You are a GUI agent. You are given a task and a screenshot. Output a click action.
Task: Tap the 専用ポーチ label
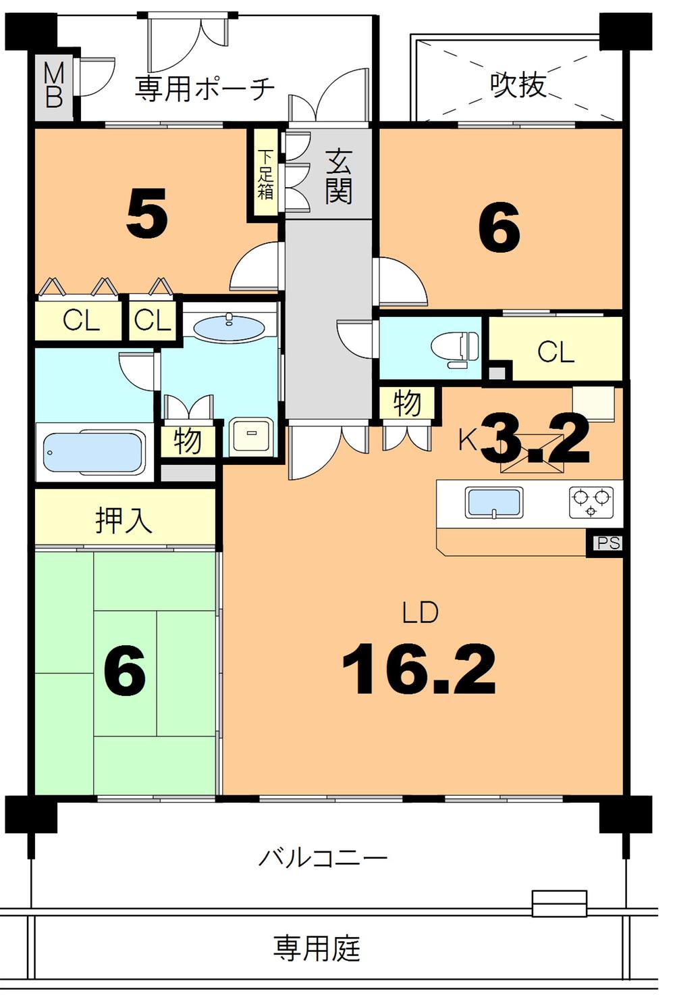coord(205,89)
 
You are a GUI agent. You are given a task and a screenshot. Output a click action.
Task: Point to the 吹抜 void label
coord(518,85)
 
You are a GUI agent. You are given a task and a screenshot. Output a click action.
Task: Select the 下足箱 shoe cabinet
coord(265,174)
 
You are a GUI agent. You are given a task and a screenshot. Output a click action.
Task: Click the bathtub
coord(93,452)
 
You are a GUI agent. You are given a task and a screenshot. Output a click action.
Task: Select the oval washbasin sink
coord(229,328)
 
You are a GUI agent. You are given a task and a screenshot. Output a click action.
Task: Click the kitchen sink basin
coord(493,503)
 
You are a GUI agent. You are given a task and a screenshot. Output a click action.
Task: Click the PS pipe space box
coord(607,543)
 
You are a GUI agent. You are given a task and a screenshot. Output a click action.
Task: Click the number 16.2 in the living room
coord(418,670)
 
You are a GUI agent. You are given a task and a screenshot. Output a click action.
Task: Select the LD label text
coord(420,612)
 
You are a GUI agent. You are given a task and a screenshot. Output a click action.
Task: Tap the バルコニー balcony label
coord(323,858)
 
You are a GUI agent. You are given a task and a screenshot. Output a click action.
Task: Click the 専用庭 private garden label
coord(317,948)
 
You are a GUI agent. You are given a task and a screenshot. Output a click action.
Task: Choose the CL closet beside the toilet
coord(556,351)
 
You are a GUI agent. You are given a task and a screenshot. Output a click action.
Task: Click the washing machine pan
coord(251,437)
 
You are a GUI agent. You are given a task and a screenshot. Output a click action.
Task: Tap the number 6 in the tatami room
coord(125,672)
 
